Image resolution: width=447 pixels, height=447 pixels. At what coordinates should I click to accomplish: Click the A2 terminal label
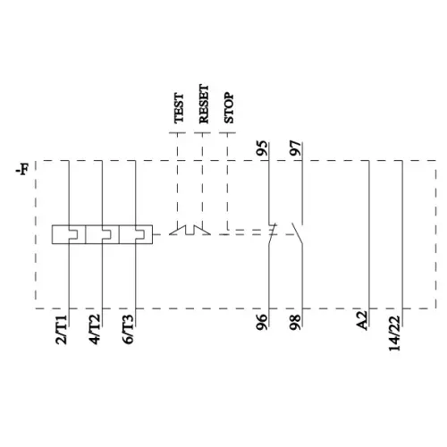(363, 320)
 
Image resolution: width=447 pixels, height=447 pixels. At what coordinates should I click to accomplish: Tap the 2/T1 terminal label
(62, 329)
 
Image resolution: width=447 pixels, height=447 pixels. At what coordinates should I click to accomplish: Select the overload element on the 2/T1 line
(67, 235)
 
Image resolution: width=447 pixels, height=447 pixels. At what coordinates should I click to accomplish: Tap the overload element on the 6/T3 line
(135, 235)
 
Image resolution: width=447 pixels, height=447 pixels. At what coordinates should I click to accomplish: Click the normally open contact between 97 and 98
(299, 234)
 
